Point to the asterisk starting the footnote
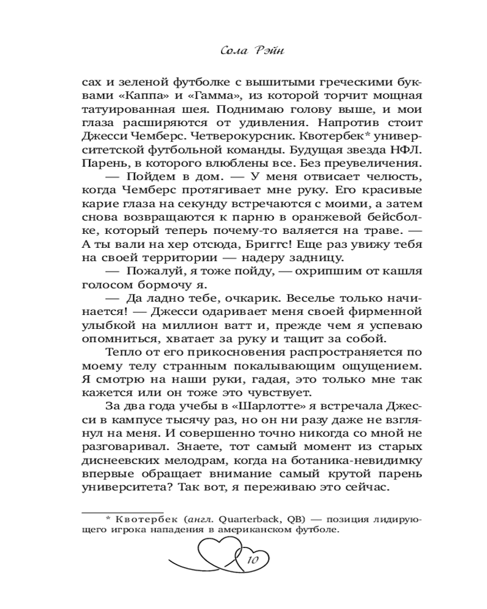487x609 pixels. (x=107, y=518)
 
